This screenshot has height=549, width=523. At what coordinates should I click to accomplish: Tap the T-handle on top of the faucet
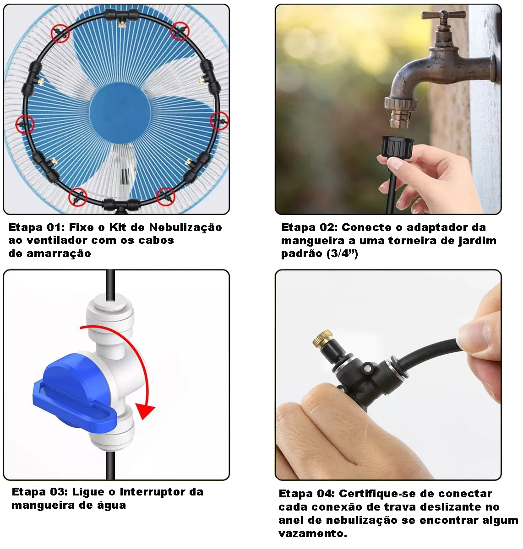coord(443,14)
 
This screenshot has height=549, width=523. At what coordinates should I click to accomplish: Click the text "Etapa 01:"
coord(37,227)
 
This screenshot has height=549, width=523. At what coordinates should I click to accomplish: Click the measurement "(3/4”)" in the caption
coord(343,253)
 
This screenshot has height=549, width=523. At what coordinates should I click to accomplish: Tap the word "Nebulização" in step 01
coord(185,228)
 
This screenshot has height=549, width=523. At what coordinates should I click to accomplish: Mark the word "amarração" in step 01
coord(59,254)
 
